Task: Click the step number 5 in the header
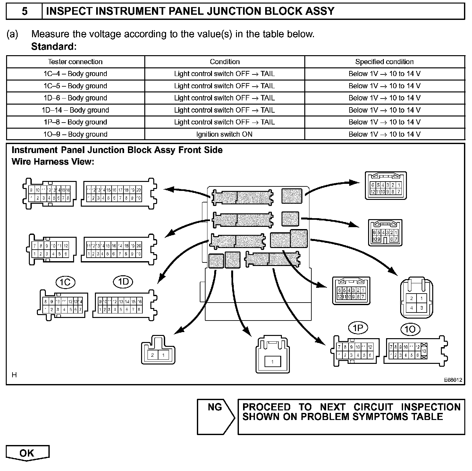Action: point(24,12)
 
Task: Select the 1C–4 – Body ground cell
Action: point(75,74)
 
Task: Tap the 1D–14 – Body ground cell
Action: point(75,110)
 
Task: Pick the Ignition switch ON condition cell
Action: point(224,134)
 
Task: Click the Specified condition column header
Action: point(384,62)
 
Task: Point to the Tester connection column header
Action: point(75,62)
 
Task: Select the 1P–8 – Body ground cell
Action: point(75,122)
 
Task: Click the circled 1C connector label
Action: point(65,282)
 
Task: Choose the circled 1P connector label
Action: point(358,328)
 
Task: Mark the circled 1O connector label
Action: point(410,329)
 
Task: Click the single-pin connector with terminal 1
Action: point(273,355)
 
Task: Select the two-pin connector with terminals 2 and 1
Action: point(158,350)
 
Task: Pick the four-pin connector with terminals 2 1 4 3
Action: point(417,299)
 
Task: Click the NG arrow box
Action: point(215,416)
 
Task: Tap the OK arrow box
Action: point(27,453)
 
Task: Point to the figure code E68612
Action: point(453,380)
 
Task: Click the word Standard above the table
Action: point(53,47)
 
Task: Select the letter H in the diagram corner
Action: point(14,374)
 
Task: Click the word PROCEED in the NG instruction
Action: point(266,407)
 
